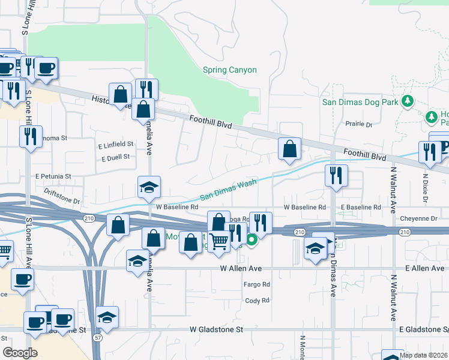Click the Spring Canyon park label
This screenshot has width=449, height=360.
point(229,70)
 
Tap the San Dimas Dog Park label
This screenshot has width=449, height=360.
point(360,102)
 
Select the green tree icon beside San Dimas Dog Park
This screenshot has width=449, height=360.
point(408,101)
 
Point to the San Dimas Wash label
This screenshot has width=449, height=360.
point(228,189)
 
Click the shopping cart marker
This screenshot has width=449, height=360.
point(220,241)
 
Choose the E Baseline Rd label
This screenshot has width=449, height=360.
point(360,207)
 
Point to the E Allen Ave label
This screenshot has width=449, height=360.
point(424,268)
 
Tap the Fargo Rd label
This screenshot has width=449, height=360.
point(258,284)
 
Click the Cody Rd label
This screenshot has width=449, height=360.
point(258,301)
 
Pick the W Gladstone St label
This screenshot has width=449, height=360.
point(216,329)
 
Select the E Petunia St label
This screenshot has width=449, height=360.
point(53,177)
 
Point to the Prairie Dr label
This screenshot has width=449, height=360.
point(359,125)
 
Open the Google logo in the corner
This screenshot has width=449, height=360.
point(20,353)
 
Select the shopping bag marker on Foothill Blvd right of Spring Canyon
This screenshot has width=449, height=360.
point(289,149)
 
